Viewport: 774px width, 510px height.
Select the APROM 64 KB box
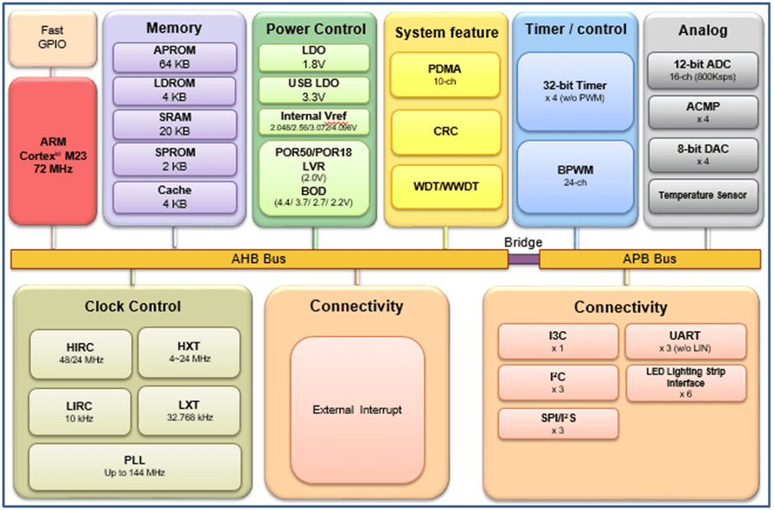(x=174, y=57)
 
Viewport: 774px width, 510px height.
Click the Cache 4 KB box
(x=174, y=196)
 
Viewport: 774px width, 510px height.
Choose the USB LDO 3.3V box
(x=314, y=90)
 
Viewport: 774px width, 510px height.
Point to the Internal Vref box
(x=314, y=121)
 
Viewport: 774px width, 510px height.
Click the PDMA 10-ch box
(x=445, y=74)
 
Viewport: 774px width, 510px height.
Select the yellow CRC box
(x=445, y=131)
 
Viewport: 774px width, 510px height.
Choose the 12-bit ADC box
(x=703, y=69)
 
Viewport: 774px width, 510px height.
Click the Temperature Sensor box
(x=703, y=195)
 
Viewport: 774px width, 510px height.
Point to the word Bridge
(x=523, y=243)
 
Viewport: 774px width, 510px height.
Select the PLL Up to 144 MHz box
(x=134, y=466)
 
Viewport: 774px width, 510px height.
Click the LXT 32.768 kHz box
(x=189, y=410)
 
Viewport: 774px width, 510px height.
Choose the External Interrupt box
(x=357, y=410)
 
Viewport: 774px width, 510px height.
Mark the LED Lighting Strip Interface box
(x=686, y=382)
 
